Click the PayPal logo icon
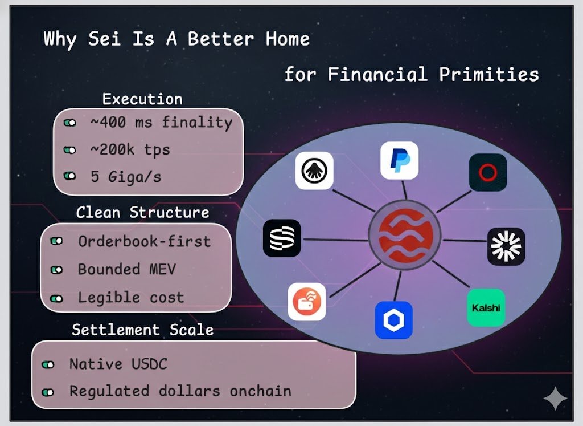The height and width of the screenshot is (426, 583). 399,160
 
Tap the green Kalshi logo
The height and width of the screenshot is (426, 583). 486,307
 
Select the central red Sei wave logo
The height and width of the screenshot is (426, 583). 405,236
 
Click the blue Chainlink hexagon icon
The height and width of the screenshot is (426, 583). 394,320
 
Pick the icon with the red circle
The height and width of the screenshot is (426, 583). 488,172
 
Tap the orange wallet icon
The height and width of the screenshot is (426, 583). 307,302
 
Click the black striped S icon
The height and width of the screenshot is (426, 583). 282,238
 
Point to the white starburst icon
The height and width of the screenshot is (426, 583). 506,246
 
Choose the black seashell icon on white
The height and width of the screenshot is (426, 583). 314,171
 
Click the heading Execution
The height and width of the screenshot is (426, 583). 142,99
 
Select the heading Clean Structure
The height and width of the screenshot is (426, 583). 142,212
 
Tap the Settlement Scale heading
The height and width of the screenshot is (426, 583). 142,330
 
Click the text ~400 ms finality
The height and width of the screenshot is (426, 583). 161,122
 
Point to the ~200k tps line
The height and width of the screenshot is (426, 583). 130,149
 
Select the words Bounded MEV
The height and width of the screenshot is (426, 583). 127,269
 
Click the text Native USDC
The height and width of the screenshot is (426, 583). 118,364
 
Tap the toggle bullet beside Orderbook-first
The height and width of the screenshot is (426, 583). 56,241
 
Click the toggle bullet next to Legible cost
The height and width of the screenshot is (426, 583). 56,298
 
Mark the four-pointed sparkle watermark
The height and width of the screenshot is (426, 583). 555,398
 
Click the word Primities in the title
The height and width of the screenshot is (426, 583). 488,74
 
